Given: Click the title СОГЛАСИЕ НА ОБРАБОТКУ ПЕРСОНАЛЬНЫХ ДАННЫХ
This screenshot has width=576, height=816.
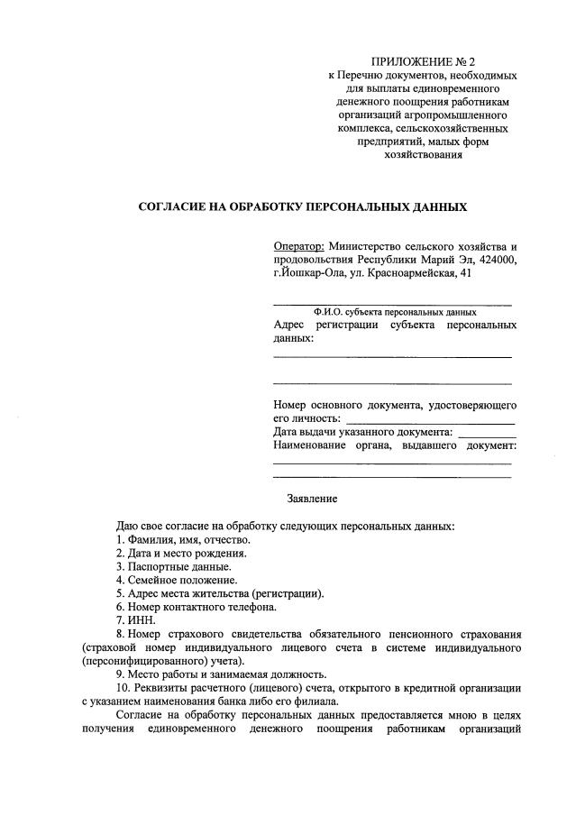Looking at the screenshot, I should pyautogui.click(x=302, y=206).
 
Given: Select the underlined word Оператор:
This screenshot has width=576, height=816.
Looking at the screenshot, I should pyautogui.click(x=298, y=246).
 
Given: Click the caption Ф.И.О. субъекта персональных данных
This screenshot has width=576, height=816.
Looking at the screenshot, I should pyautogui.click(x=395, y=312).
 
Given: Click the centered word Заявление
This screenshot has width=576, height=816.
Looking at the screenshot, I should pyautogui.click(x=312, y=498).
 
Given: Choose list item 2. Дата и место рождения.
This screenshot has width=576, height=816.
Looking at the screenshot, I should pyautogui.click(x=180, y=553).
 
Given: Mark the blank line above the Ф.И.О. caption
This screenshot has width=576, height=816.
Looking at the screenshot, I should pyautogui.click(x=392, y=303).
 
